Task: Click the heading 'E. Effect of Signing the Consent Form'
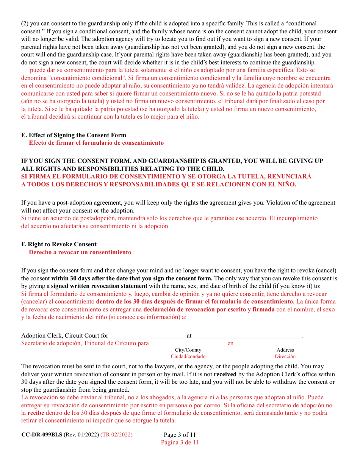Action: point(74,135)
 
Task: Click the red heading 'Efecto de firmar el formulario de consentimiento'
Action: point(96,143)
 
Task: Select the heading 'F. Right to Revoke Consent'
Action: point(59,244)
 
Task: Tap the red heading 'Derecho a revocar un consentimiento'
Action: point(80,252)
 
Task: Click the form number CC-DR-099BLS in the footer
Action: point(42,435)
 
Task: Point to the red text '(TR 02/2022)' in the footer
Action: point(116,435)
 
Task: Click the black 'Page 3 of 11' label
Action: point(180,435)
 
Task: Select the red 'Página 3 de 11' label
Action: point(180,443)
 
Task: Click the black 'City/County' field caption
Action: point(188,350)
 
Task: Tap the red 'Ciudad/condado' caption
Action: point(188,357)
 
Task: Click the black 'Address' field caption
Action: point(285,350)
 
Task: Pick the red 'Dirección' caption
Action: point(285,357)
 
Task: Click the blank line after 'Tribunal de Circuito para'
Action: point(188,344)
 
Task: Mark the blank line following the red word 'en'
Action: point(286,344)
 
